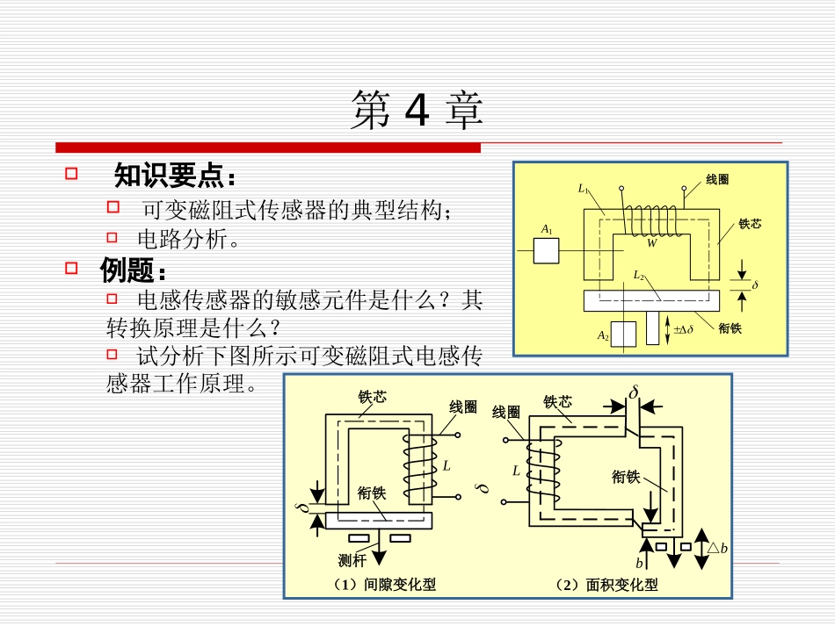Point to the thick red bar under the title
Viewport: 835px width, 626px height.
[268, 147]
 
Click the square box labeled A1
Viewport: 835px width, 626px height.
[546, 250]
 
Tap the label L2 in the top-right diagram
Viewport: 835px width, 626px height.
[639, 275]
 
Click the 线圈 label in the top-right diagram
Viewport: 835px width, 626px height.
[717, 179]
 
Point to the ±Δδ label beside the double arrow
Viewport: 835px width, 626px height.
[683, 329]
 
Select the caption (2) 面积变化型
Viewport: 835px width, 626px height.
[606, 584]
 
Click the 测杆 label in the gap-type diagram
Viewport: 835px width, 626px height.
[352, 559]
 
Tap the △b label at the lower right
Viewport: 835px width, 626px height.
[717, 548]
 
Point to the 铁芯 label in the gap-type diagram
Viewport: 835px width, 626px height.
[372, 396]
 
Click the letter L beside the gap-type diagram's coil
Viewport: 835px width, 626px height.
[447, 465]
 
